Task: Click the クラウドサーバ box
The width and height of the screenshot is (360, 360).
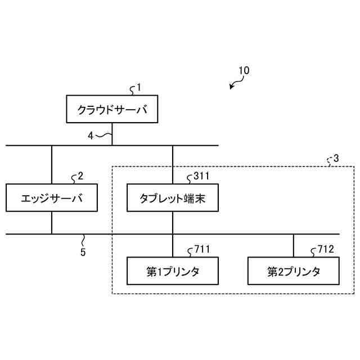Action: pos(112,109)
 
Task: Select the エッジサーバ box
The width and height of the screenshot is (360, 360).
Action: pos(51,197)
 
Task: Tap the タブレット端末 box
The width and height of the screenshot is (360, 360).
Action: pos(172,197)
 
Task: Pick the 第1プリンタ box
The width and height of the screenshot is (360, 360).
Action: pos(172,271)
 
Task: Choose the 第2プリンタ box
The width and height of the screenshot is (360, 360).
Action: pos(294,271)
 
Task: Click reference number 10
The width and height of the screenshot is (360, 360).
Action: pos(244,71)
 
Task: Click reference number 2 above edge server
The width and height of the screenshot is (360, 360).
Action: pos(80,175)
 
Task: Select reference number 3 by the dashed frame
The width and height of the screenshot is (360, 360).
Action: pos(336,159)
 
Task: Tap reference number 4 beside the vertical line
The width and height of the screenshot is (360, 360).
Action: pos(91,135)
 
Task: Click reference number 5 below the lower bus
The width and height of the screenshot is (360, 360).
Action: pos(83,252)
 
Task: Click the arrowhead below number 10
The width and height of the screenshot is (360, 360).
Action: pos(232,87)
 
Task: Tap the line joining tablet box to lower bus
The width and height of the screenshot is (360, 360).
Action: pos(172,222)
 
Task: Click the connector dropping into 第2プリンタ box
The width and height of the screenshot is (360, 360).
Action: pos(294,246)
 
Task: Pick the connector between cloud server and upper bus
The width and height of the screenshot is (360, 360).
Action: pos(112,134)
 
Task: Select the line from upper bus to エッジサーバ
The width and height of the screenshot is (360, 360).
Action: pos(51,164)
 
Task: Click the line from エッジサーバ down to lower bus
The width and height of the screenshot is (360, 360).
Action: pos(51,223)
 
